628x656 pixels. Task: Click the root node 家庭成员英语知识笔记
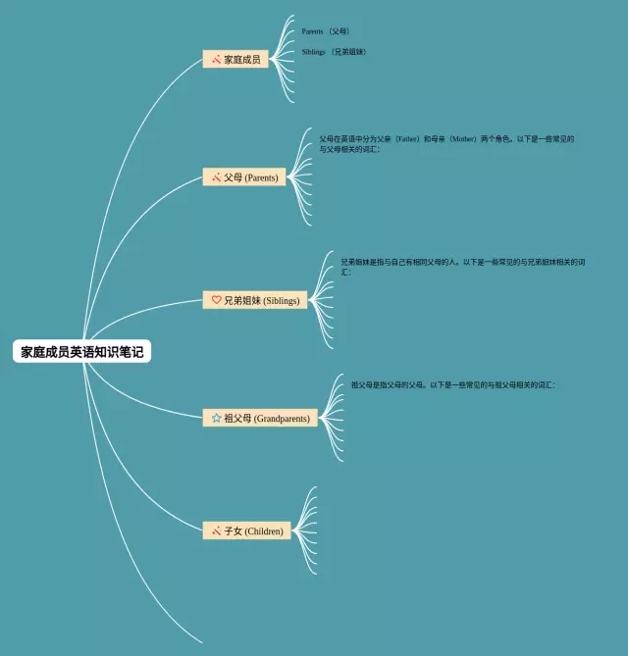(x=82, y=352)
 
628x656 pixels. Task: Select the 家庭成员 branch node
(x=235, y=60)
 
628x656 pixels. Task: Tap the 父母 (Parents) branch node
(x=244, y=177)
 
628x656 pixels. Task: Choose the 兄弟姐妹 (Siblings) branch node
(x=255, y=300)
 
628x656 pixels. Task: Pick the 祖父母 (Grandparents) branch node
(x=261, y=418)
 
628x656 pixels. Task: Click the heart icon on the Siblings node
(x=216, y=300)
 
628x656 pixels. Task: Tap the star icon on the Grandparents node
(x=216, y=418)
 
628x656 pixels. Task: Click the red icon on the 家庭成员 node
(x=216, y=60)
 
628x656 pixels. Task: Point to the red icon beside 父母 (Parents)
(x=216, y=177)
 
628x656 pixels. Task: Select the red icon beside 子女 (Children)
(x=216, y=530)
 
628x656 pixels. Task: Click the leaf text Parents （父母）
(x=325, y=31)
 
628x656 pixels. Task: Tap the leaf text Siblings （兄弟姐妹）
(x=334, y=52)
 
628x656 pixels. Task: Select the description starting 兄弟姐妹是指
(x=462, y=263)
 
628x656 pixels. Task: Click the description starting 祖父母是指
(x=452, y=384)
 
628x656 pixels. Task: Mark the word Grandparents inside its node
(x=283, y=419)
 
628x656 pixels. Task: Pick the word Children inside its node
(x=264, y=531)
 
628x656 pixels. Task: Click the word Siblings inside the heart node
(x=282, y=301)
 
